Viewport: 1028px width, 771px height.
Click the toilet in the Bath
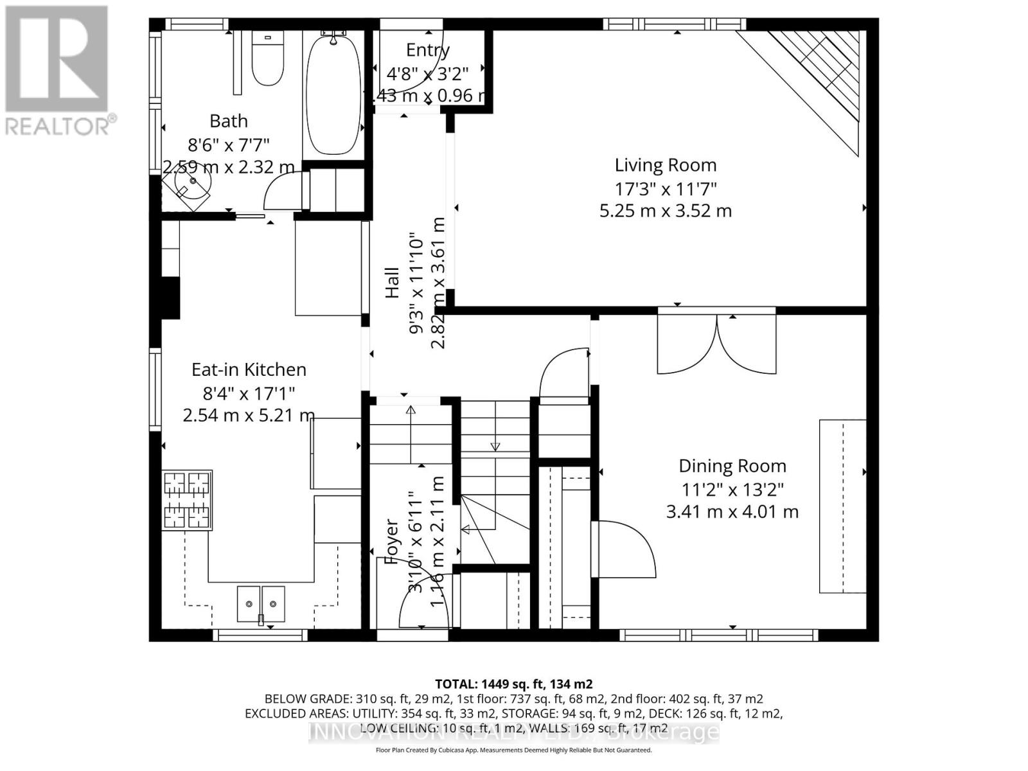tap(267, 59)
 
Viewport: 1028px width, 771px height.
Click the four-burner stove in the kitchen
tap(187, 501)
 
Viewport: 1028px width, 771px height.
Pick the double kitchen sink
tap(261, 604)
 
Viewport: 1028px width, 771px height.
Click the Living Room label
tap(666, 165)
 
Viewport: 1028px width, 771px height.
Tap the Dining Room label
tap(732, 466)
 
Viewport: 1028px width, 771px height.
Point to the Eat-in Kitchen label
tap(249, 369)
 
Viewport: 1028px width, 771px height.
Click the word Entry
tap(428, 50)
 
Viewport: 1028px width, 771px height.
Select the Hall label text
tap(392, 283)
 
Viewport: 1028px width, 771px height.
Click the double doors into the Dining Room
tap(717, 344)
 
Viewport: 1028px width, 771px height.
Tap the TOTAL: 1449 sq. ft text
tap(513, 684)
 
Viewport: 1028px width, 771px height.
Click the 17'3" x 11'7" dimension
tap(666, 189)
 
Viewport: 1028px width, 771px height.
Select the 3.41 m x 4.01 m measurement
tap(732, 512)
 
